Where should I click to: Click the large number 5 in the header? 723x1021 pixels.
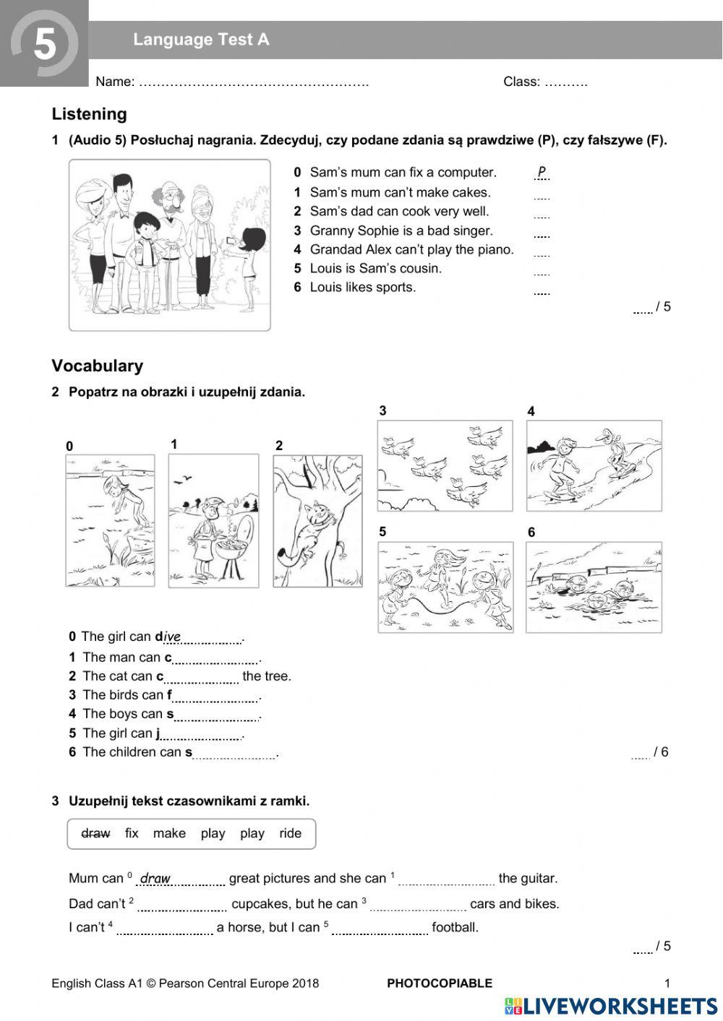(45, 45)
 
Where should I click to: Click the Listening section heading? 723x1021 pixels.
(89, 114)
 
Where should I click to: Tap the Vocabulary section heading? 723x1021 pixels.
(97, 366)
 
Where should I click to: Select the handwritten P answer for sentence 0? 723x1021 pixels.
(542, 172)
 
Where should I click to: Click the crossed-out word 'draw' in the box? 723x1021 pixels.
(95, 833)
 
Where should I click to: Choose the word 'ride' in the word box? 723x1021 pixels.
(290, 833)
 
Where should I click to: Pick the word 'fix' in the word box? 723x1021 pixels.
(131, 833)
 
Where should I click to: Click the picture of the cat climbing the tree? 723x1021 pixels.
(317, 520)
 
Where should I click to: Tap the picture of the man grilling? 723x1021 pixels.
(213, 520)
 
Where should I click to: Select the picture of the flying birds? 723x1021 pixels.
(445, 465)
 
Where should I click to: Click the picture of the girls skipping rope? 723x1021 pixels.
(445, 587)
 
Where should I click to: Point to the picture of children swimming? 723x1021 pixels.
(594, 587)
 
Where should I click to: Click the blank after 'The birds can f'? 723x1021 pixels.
(215, 697)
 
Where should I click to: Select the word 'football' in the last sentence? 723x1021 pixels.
(455, 927)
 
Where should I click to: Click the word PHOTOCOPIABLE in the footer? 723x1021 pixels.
(440, 983)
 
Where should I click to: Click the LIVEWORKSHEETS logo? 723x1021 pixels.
(611, 1006)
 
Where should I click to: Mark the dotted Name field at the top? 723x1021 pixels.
(253, 82)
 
